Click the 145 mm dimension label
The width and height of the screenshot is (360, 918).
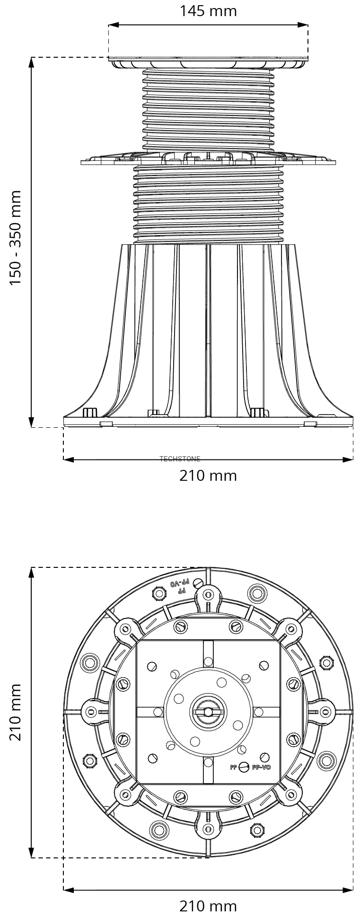[x=208, y=10]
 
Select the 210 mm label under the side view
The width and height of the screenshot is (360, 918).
[x=208, y=476]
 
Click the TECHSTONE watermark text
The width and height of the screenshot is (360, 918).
[x=180, y=459]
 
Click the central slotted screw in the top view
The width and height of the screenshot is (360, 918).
[x=208, y=711]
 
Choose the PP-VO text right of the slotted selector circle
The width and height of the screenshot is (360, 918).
[x=261, y=768]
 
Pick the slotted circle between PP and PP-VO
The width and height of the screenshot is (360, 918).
[x=244, y=768]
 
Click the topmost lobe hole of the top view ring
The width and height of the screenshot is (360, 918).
[x=208, y=595]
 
